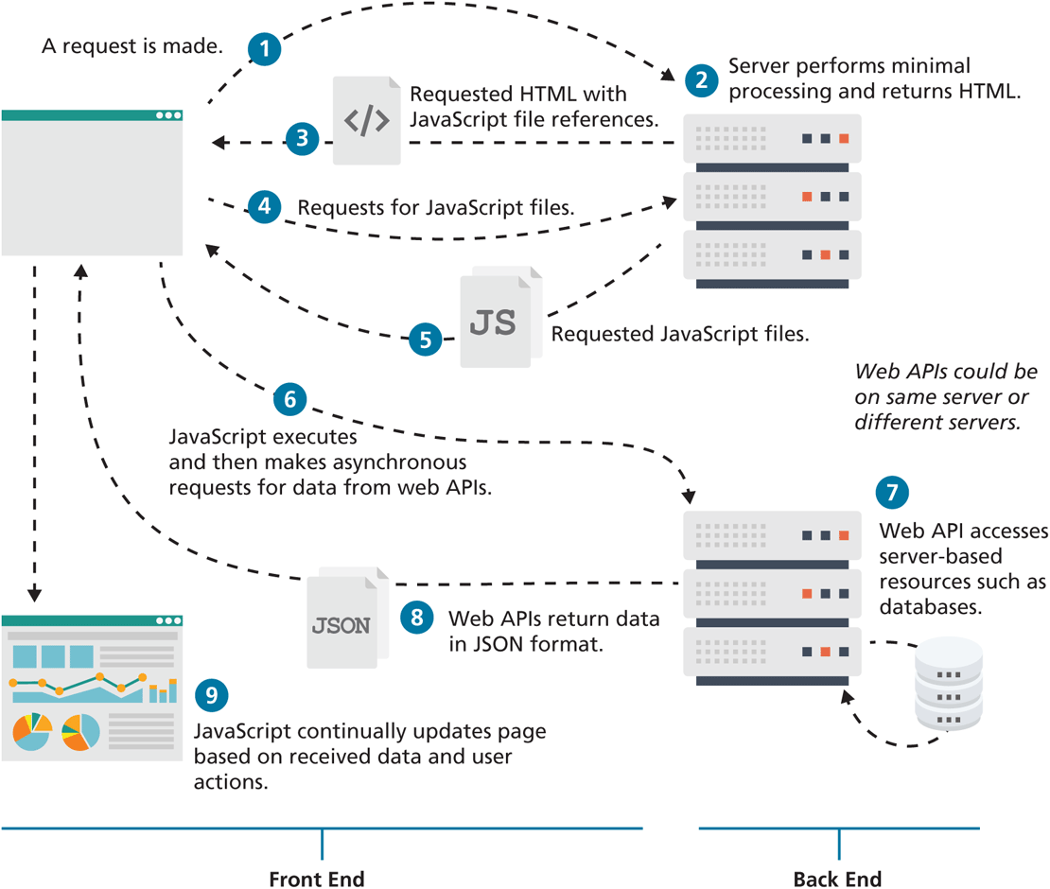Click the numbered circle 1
(x=266, y=48)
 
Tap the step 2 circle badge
(x=701, y=79)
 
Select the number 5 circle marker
(x=426, y=339)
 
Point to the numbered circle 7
(x=892, y=492)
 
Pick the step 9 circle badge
(x=212, y=696)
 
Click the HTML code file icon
(x=366, y=121)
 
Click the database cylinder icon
(x=947, y=684)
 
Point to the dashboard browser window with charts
(x=92, y=688)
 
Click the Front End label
(x=317, y=879)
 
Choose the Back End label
(x=837, y=879)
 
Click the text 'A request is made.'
(x=131, y=44)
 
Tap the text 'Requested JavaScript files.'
(x=680, y=334)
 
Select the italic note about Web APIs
(x=945, y=397)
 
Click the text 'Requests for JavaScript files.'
(x=436, y=207)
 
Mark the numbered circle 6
(x=289, y=399)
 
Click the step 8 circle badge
(x=416, y=619)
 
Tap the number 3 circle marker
(x=302, y=139)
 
